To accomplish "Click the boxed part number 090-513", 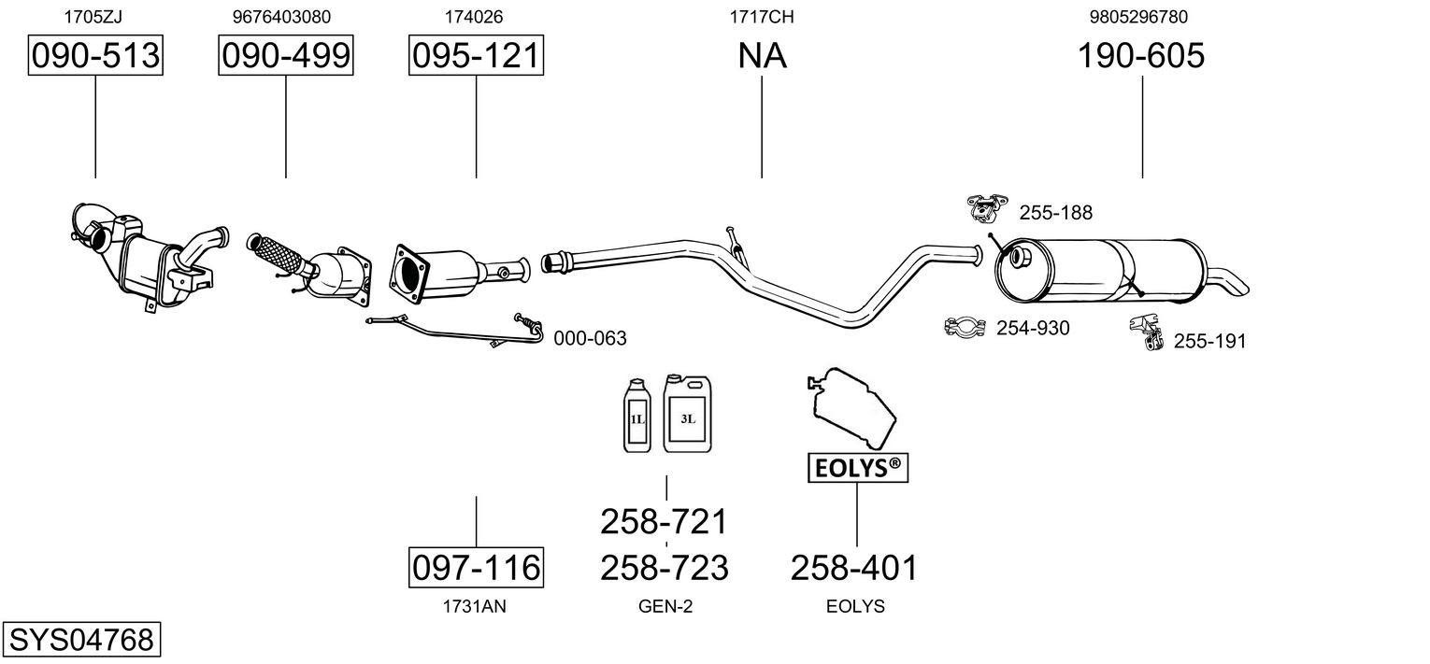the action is click(x=95, y=55).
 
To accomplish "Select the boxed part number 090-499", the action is click(x=285, y=55).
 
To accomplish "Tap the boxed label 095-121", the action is click(x=476, y=55).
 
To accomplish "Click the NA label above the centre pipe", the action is click(x=762, y=55).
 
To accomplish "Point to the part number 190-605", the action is click(x=1141, y=55).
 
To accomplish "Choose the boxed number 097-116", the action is click(x=476, y=567).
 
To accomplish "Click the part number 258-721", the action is click(x=664, y=521).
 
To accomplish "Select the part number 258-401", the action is click(x=854, y=567).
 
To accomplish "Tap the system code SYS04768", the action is click(x=81, y=639).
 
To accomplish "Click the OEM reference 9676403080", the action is click(x=281, y=17).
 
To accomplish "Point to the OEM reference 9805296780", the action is click(x=1138, y=17).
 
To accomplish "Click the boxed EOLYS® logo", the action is click(x=857, y=468).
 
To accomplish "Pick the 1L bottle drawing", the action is click(x=637, y=416).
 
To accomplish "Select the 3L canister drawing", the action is click(x=687, y=414).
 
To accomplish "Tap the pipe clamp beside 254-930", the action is click(x=965, y=327).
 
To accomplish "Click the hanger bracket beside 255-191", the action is click(x=1146, y=332).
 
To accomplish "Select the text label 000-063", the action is click(x=590, y=338).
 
